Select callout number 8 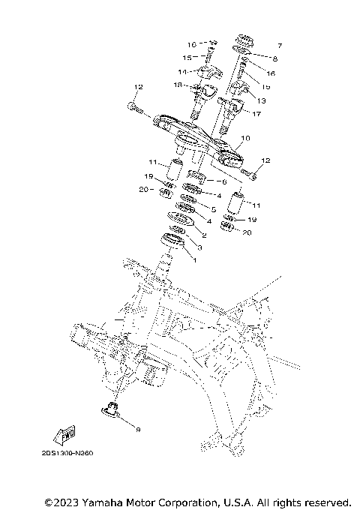point(274,58)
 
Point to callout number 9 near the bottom point(137,428)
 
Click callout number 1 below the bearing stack point(195,260)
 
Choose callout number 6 point(223,181)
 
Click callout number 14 point(181,71)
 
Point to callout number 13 point(260,100)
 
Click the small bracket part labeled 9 point(113,409)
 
